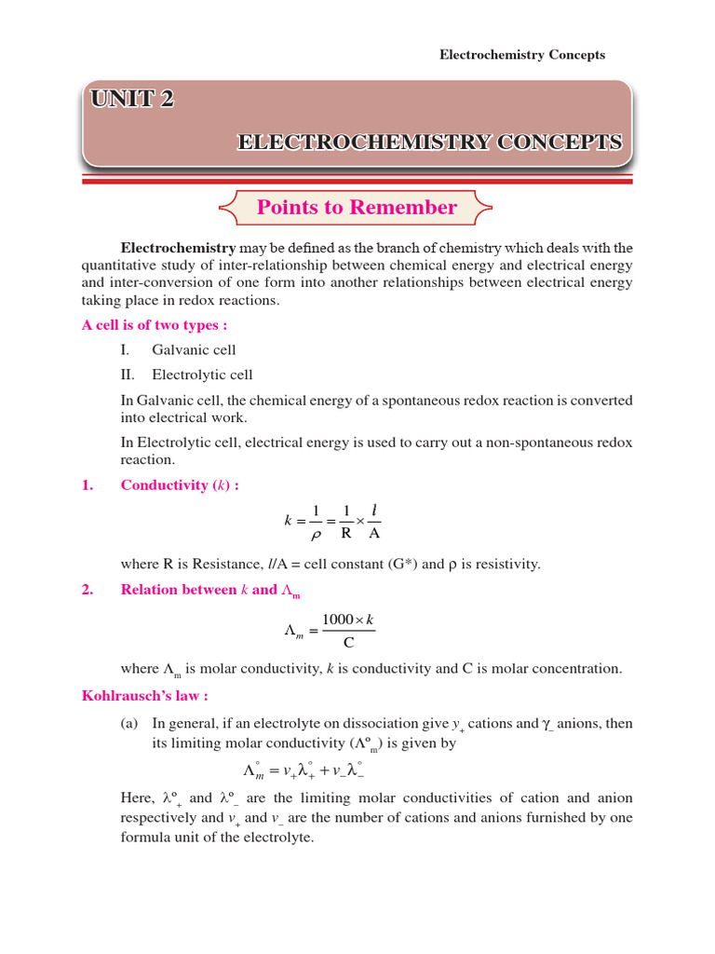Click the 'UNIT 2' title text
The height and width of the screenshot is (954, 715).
click(x=132, y=99)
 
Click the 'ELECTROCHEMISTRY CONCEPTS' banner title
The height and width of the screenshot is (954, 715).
click(x=429, y=143)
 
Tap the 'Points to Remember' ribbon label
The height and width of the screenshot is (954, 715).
click(x=357, y=208)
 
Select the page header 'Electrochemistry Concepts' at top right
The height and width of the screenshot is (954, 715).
click(x=521, y=55)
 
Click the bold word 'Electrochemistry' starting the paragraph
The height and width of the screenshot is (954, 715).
click(x=178, y=248)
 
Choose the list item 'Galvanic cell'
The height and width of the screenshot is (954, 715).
click(x=194, y=350)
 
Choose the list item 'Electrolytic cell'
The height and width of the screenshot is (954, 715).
click(x=202, y=375)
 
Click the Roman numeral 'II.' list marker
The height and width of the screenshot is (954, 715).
click(x=128, y=375)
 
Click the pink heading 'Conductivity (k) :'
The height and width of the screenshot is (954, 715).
click(x=180, y=485)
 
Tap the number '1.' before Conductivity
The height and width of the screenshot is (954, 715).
click(x=88, y=485)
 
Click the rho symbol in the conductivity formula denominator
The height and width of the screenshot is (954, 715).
click(x=316, y=535)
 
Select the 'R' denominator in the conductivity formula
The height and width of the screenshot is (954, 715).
click(x=345, y=535)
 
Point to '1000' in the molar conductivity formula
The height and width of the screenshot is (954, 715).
click(x=339, y=620)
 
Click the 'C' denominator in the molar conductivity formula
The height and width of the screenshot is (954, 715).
click(x=348, y=643)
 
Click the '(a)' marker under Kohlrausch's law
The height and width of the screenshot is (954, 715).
click(x=130, y=724)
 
